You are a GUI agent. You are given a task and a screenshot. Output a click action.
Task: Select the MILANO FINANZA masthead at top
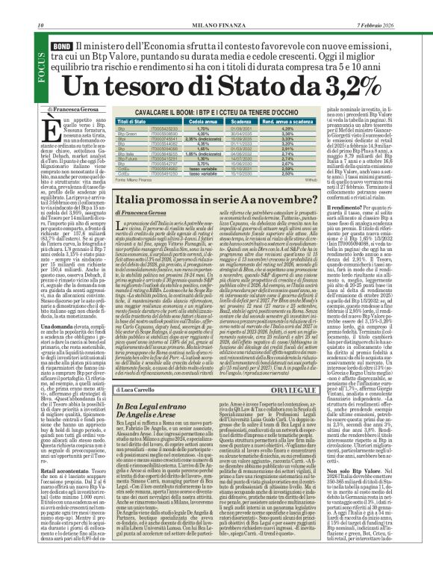(x=217, y=5)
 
